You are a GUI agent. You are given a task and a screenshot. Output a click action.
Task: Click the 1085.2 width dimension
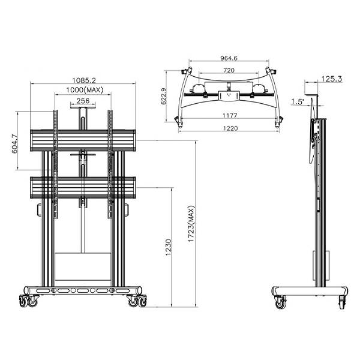click(x=84, y=79)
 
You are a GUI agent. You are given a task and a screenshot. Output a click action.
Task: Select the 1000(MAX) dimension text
click(x=83, y=90)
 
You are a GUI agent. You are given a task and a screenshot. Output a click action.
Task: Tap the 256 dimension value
click(x=83, y=101)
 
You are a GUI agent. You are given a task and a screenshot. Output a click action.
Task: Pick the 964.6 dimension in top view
click(x=229, y=59)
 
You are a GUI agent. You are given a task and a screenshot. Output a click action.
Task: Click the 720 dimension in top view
click(x=229, y=70)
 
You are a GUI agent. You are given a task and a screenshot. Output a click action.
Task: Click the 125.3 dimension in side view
click(x=331, y=78)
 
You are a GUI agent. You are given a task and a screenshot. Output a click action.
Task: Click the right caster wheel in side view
click(x=343, y=302)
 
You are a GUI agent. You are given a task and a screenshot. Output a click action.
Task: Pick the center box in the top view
click(x=228, y=94)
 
